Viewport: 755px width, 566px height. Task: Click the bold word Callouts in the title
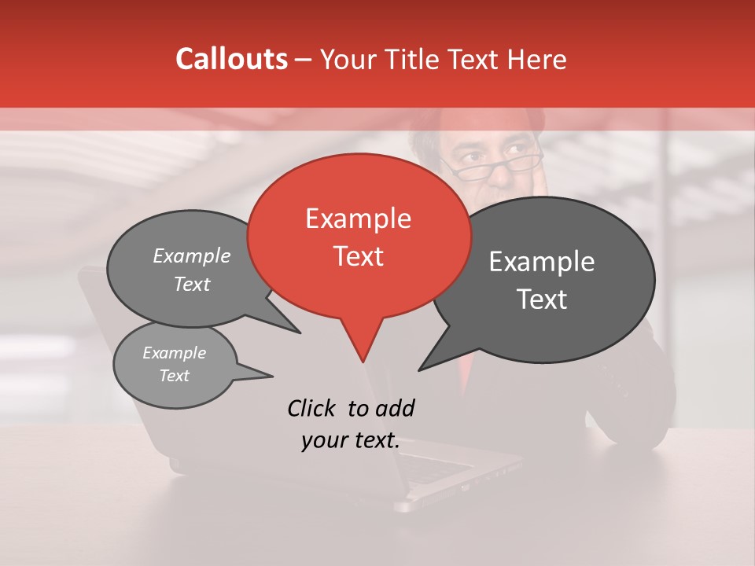pos(231,59)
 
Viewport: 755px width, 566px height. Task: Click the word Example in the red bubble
pos(358,219)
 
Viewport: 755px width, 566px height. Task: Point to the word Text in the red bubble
pos(359,256)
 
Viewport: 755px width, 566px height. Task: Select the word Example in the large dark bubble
pos(542,262)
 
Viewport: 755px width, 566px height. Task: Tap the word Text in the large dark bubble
pos(543,300)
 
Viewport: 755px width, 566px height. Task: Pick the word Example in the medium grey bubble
pos(192,255)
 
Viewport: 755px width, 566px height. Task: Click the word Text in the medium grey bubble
pos(192,284)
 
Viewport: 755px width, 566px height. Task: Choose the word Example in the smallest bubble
pos(174,353)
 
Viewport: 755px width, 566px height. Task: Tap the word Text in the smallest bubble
pos(175,376)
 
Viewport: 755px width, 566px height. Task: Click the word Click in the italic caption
pos(312,408)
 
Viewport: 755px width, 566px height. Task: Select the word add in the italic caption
pos(394,408)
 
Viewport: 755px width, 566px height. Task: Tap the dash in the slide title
pos(304,60)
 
